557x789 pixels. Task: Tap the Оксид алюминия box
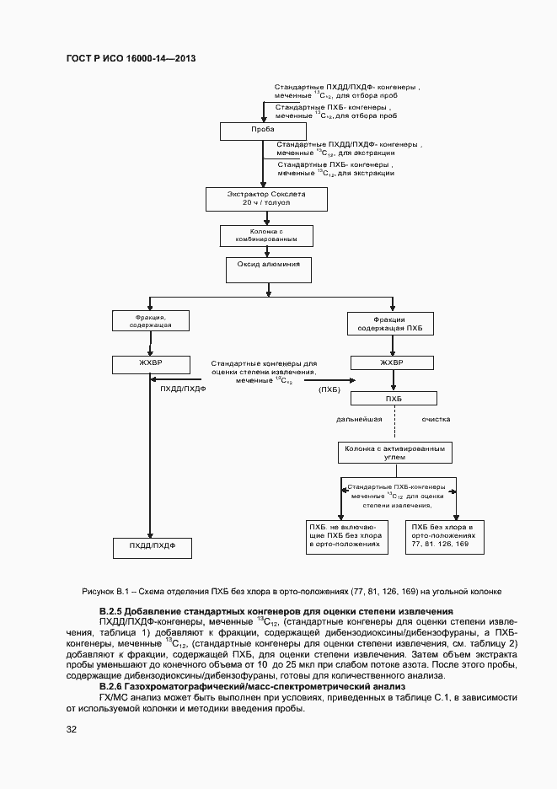pos(269,270)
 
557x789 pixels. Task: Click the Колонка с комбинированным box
pos(268,235)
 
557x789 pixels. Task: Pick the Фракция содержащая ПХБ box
pos(390,324)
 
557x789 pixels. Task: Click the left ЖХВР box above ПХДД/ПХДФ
pos(150,364)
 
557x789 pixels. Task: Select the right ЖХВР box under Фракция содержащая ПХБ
pos(392,364)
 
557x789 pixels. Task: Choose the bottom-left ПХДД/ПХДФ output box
pos(153,547)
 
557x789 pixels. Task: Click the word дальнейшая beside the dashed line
pos(360,419)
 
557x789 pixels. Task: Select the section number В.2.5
pos(112,610)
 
